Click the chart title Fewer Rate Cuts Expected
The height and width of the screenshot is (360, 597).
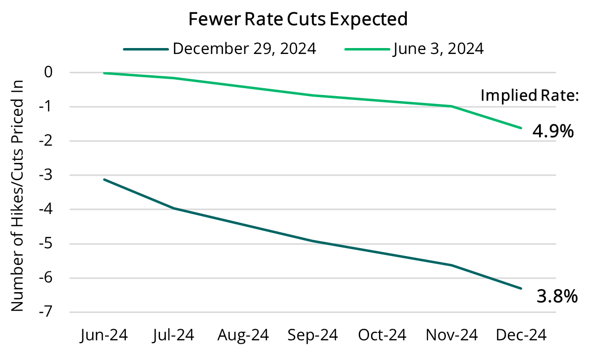pyautogui.click(x=298, y=19)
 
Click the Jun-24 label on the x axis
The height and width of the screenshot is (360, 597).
pyautogui.click(x=104, y=335)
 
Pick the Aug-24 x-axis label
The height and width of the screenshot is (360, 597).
pyautogui.click(x=243, y=335)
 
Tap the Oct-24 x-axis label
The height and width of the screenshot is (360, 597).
pyautogui.click(x=382, y=335)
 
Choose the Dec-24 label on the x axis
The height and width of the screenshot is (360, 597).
pyautogui.click(x=521, y=335)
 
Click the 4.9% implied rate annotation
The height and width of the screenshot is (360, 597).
pyautogui.click(x=552, y=131)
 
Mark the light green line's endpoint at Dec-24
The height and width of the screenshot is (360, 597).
pyautogui.click(x=521, y=128)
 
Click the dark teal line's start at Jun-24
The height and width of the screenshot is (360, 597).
pyautogui.click(x=104, y=179)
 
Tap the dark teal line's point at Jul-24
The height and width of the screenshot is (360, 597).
pyautogui.click(x=173, y=208)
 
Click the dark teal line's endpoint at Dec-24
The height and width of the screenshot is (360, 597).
pyautogui.click(x=521, y=289)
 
